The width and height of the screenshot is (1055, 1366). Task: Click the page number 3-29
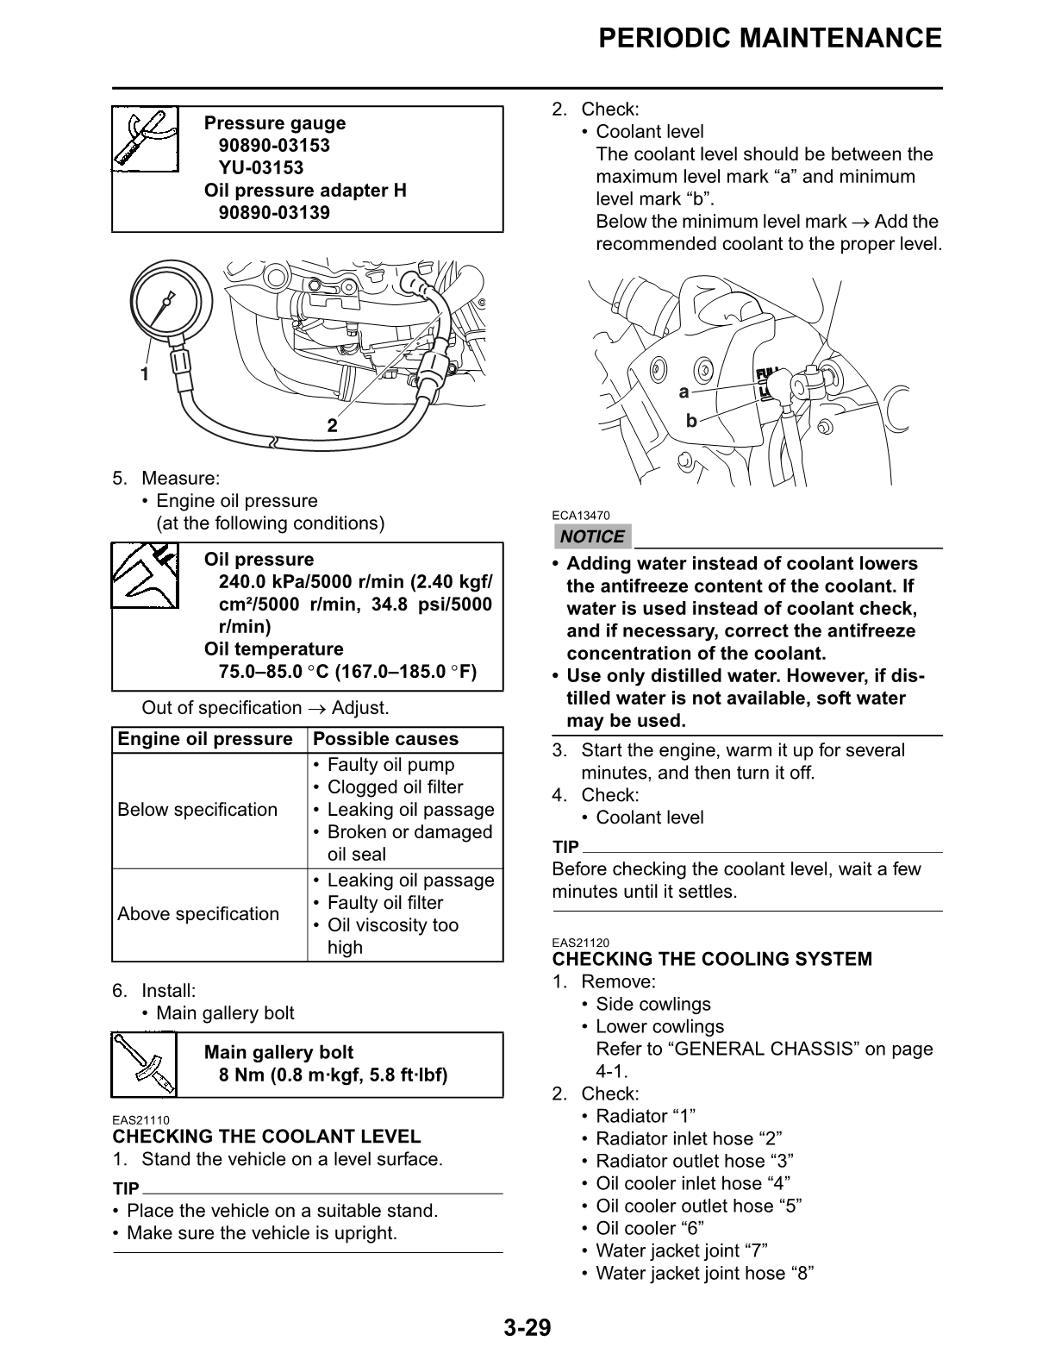(527, 1327)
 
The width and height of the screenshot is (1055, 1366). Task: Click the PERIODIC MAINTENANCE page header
(770, 39)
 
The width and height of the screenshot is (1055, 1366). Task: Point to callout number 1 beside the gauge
(145, 374)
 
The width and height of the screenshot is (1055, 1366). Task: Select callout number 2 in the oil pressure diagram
(332, 426)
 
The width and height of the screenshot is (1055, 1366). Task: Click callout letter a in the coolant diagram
(684, 392)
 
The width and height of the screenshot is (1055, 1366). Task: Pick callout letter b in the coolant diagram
(690, 421)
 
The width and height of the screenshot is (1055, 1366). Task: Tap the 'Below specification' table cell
(197, 810)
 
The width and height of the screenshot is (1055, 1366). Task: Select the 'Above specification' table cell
(198, 914)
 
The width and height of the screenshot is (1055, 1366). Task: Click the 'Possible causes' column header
(385, 739)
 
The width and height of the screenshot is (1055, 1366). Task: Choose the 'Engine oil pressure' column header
(205, 739)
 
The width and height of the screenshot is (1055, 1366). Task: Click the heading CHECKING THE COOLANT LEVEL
(267, 1137)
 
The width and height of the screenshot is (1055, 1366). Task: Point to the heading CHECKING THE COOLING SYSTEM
(712, 959)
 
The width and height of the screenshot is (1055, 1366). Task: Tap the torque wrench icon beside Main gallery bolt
(145, 1064)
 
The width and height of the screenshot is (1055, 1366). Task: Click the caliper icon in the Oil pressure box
(145, 574)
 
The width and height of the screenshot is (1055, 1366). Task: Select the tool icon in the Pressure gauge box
(145, 139)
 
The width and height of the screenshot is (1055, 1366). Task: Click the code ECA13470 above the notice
(581, 517)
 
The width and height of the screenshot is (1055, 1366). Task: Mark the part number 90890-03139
(274, 213)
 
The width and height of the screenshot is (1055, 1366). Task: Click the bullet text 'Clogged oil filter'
(395, 787)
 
